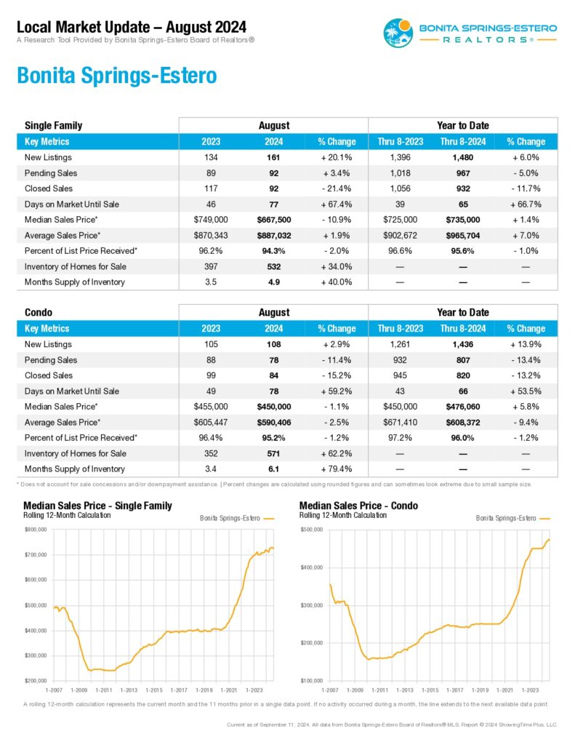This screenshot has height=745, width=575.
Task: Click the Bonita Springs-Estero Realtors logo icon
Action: pos(398,33)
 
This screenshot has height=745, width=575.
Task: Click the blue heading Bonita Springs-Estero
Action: pos(117,75)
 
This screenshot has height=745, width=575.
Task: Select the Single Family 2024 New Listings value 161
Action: pos(273,157)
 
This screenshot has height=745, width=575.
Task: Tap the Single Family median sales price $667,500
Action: pos(274,220)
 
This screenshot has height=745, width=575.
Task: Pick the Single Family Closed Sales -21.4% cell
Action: pos(336,188)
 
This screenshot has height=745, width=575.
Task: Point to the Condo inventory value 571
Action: pos(273,453)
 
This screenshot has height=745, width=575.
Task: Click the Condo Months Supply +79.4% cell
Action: pos(336,469)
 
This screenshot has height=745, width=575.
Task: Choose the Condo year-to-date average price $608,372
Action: pos(463,423)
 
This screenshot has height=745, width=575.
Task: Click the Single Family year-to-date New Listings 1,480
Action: pos(463,157)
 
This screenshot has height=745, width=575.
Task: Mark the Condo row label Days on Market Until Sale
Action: pos(72,391)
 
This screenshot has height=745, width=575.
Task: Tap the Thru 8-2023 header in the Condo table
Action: pos(401,328)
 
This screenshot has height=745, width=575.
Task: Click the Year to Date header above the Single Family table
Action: pos(463,125)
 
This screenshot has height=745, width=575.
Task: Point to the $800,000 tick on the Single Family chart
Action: pos(36,530)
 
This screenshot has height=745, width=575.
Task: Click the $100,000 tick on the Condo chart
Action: pos(311,681)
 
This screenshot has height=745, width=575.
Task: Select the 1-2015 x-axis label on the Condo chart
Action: pos(430,690)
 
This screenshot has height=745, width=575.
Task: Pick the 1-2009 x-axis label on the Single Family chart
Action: pos(79,690)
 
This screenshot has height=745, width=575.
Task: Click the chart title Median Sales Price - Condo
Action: pos(358,506)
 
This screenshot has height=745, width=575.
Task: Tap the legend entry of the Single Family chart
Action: pos(237,518)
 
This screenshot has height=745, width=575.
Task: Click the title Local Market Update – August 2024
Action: pos(132,27)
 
